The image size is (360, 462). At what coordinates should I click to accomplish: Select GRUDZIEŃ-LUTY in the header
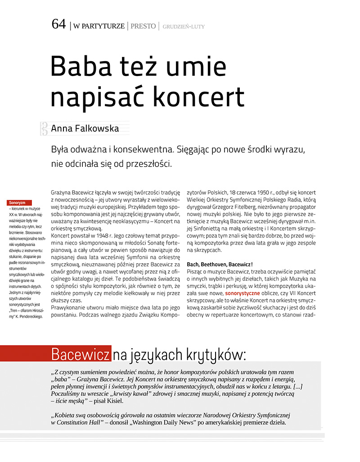[184, 27]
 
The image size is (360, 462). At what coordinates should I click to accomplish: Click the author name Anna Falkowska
[85, 129]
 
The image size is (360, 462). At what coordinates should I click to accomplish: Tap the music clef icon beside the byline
[44, 129]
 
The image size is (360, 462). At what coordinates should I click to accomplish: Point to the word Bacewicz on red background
[81, 354]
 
